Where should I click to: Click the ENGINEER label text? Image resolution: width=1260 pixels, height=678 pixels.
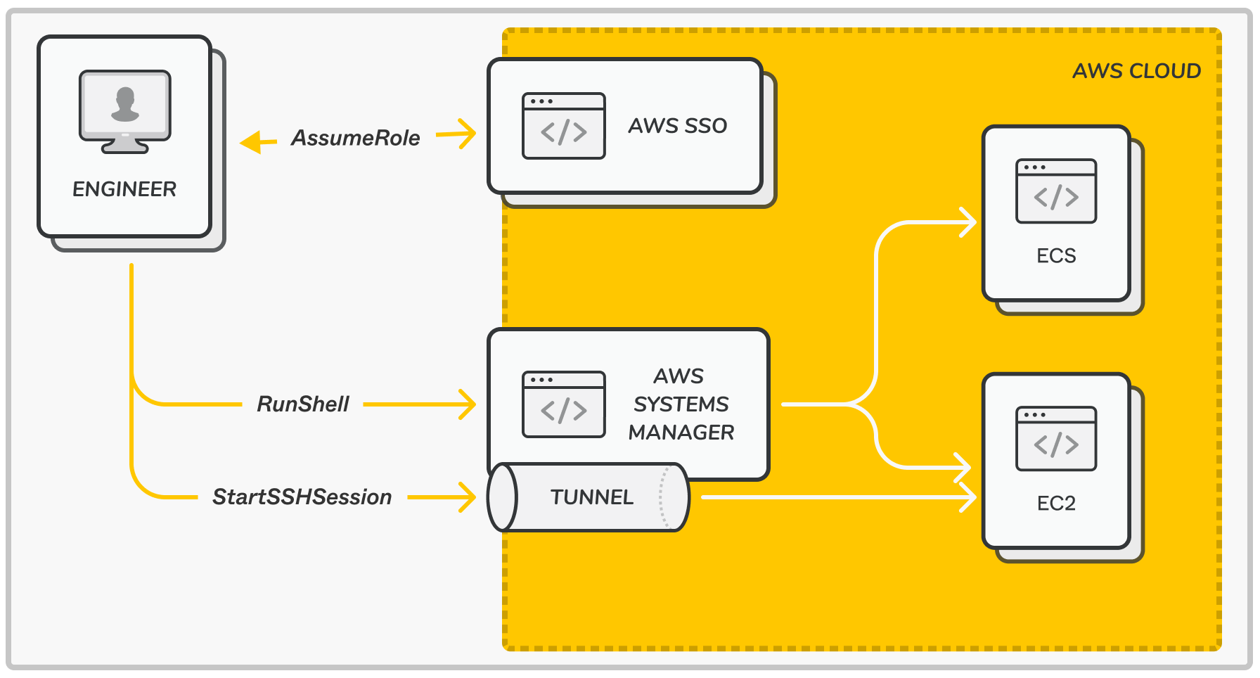pos(124,189)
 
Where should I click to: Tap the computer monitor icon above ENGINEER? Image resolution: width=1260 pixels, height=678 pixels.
pos(125,110)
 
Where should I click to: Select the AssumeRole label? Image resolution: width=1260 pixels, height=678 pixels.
pos(356,138)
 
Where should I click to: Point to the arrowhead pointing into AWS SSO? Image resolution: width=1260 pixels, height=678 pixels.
pos(466,134)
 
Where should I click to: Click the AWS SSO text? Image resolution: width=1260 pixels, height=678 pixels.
pos(677,126)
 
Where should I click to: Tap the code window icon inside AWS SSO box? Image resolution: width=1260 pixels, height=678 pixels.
pos(563,126)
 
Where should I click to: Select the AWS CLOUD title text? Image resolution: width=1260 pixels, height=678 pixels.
pos(1136,71)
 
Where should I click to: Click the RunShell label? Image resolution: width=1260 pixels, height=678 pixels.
pos(303,404)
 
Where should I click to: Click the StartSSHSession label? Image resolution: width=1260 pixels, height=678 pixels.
pos(302,497)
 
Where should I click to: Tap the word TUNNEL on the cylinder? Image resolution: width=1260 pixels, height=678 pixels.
pos(591,497)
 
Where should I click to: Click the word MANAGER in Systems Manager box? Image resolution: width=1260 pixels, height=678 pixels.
pos(681,433)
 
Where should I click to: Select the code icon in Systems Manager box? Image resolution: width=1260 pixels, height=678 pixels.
pos(563,404)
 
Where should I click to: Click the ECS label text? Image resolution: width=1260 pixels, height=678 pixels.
pos(1056,256)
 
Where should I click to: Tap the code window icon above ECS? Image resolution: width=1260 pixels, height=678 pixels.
pos(1056,191)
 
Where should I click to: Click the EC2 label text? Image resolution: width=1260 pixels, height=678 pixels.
pos(1056,504)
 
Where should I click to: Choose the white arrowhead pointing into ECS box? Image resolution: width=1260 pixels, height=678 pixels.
pos(968,222)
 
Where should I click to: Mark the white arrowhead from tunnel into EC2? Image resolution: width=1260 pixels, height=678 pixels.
pos(968,497)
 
